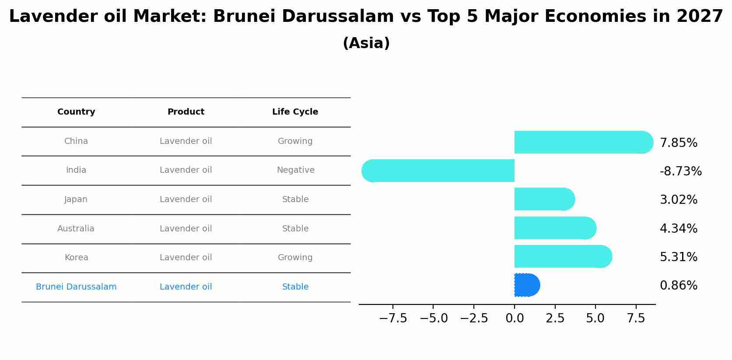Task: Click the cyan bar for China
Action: click(584, 142)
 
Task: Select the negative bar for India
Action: click(438, 171)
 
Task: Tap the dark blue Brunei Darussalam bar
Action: click(527, 285)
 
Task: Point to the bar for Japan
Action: click(545, 199)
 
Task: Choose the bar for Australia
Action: click(556, 228)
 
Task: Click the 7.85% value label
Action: click(679, 143)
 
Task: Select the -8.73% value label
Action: click(681, 171)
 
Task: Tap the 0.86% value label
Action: click(679, 286)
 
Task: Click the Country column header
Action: click(76, 112)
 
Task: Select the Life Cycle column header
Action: click(295, 112)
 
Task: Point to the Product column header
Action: click(186, 112)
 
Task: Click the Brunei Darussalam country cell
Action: click(76, 287)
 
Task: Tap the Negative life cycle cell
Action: click(296, 170)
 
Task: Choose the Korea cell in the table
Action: click(77, 257)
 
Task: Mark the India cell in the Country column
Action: click(76, 170)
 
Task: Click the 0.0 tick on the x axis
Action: click(515, 318)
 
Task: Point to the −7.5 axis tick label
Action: click(393, 318)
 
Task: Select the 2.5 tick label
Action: click(555, 318)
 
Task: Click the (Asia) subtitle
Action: click(366, 43)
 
